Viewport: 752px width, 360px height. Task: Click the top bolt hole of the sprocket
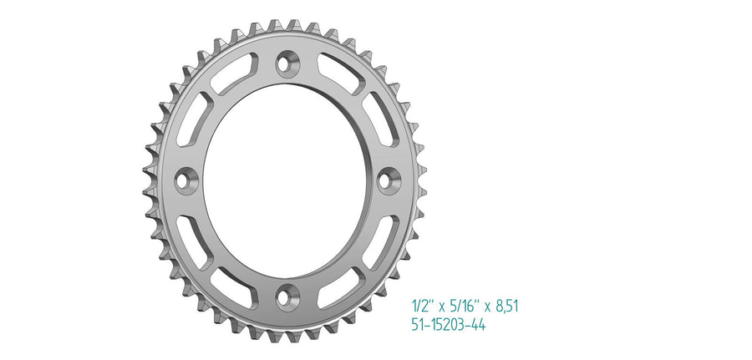coord(287,63)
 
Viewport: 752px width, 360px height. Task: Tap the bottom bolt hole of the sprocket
coord(287,297)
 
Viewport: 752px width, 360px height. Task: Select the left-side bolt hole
coord(185,180)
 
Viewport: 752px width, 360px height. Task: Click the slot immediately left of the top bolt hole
coord(234,74)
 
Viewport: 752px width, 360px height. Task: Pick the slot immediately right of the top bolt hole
coord(341,74)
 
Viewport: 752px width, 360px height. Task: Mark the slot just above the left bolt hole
coord(194,119)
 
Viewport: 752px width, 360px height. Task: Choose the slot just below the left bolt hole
coord(194,242)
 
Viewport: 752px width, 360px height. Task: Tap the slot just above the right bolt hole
coord(380,119)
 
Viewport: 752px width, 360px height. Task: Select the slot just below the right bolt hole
coord(380,242)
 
